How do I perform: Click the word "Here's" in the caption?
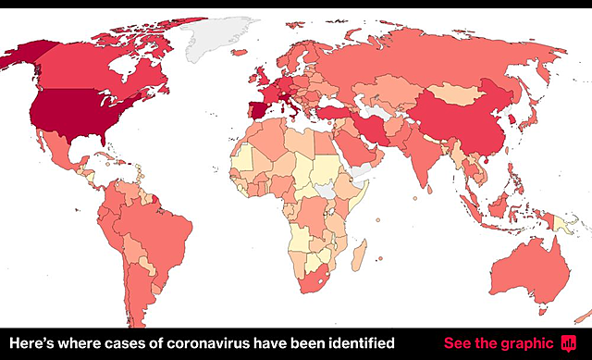pos(29,343)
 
